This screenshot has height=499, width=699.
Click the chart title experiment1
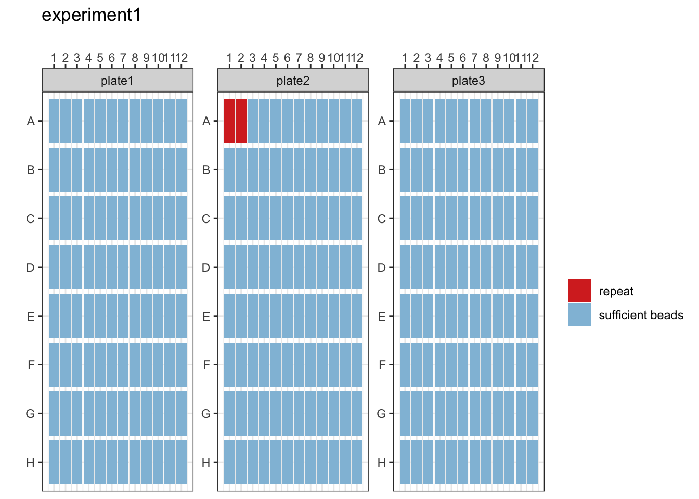tap(92, 16)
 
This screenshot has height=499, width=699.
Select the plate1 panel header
tap(118, 81)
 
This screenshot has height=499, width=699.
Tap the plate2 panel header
tap(293, 81)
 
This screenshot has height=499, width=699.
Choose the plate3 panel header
tap(469, 81)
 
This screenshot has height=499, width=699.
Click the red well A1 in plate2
tap(229, 121)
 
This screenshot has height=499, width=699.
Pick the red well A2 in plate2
tap(241, 121)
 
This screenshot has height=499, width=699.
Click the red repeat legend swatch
tap(579, 290)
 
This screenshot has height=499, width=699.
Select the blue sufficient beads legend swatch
tap(579, 314)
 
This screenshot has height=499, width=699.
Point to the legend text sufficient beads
tap(641, 315)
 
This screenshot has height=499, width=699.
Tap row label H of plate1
tap(30, 463)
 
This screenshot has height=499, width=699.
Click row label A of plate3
tap(382, 121)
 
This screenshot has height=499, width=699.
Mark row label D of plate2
tap(206, 268)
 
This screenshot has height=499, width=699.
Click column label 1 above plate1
tap(54, 58)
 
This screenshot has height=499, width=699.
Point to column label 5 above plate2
tap(276, 58)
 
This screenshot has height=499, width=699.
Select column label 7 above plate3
tap(474, 58)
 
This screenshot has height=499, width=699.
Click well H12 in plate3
tap(532, 462)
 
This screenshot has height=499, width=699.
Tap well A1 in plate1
tap(54, 121)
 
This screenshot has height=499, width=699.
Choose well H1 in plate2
tap(229, 462)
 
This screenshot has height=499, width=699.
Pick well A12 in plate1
tap(181, 121)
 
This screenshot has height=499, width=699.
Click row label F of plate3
tap(382, 365)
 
